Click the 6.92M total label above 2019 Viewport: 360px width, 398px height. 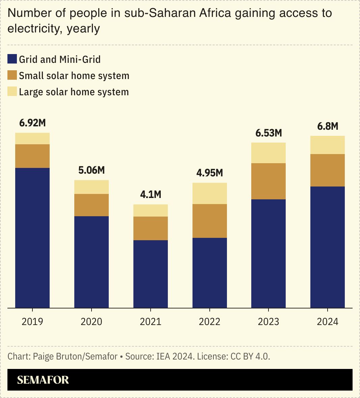[32, 123]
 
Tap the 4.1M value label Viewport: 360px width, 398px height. [151, 195]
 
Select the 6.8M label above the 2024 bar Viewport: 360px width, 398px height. [328, 126]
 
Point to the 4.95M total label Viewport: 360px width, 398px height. [210, 173]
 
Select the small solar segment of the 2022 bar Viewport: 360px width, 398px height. [210, 221]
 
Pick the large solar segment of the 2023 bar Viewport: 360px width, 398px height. [268, 153]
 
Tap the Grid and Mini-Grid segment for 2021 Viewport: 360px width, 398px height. [151, 274]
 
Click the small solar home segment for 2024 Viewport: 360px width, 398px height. [328, 170]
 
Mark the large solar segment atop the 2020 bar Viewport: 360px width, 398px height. [92, 187]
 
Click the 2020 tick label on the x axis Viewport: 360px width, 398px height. [92, 321]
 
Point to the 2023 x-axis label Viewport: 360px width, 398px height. [268, 321]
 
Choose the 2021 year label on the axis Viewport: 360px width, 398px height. [151, 321]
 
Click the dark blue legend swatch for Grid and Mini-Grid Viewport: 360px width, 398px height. [12, 59]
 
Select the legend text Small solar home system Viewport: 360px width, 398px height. [74, 76]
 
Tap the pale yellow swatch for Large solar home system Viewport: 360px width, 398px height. [12, 92]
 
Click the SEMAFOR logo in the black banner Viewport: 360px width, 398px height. [43, 380]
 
